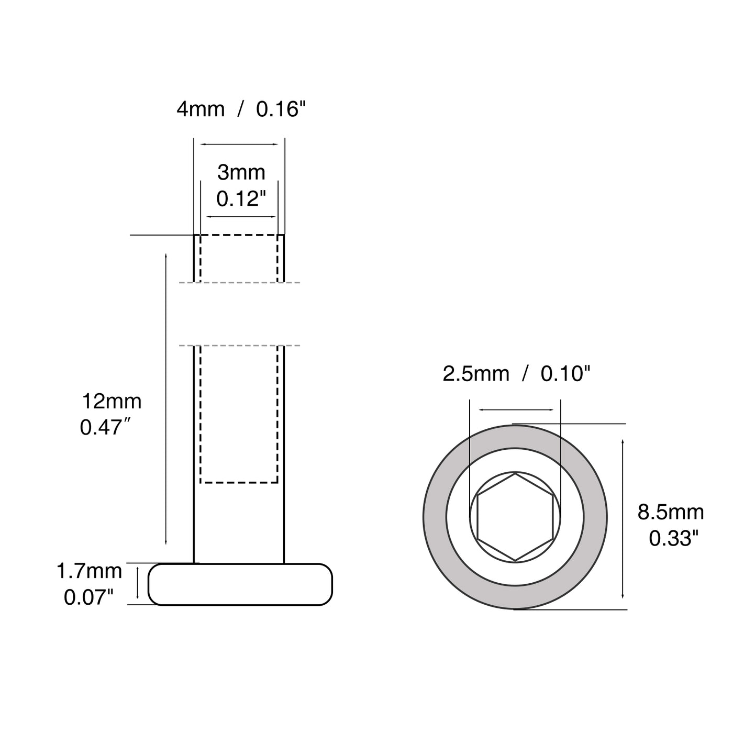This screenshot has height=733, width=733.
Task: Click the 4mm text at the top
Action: pos(201,109)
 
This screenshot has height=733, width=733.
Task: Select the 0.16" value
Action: pos(280,109)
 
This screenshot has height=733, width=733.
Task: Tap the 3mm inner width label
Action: pos(241,172)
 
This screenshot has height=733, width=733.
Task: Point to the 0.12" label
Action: pos(241,198)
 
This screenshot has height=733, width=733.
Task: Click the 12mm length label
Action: pos(112,402)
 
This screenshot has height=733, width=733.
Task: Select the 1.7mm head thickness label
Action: pos(89,571)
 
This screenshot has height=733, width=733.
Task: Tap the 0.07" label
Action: pos(88,597)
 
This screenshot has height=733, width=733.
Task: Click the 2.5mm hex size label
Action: pos(475,374)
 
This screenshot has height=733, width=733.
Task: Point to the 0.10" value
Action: pos(565,374)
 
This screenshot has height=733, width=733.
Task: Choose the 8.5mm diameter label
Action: pos(670,512)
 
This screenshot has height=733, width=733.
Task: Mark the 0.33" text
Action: pos(674,538)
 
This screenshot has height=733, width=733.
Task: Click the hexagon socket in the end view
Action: pos(515,517)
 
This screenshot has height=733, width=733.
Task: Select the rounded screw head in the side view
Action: pos(240,584)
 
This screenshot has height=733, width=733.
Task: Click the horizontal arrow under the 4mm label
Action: pos(239,144)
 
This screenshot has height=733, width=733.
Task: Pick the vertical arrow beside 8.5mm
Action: pos(623,518)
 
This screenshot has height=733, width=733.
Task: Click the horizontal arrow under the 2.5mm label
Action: pos(516,410)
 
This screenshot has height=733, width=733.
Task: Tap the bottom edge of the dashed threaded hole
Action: pos(239,482)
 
